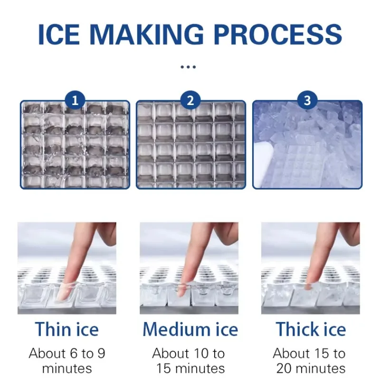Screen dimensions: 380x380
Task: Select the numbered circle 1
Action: pyautogui.click(x=75, y=101)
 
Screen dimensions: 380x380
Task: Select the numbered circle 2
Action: pyautogui.click(x=191, y=101)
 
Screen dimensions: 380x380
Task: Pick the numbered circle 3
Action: pyautogui.click(x=307, y=101)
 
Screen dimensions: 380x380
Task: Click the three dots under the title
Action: pyautogui.click(x=189, y=67)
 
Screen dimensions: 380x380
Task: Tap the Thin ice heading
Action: pyautogui.click(x=66, y=329)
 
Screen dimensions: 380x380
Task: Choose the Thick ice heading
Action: pyautogui.click(x=311, y=329)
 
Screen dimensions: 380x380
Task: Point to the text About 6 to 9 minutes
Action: pyautogui.click(x=67, y=361)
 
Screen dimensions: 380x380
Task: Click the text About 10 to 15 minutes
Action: pyautogui.click(x=189, y=361)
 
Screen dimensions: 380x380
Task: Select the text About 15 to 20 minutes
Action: pyautogui.click(x=309, y=361)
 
